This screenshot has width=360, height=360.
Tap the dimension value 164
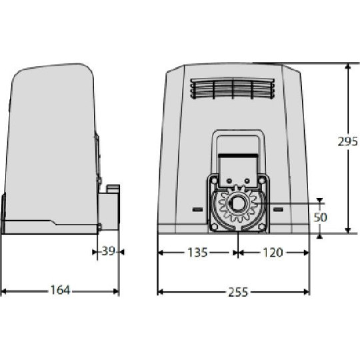pyautogui.click(x=59, y=291)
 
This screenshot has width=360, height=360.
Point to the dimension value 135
pyautogui.click(x=197, y=253)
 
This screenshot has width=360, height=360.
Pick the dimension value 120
pyautogui.click(x=273, y=253)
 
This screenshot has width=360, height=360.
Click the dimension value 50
pyautogui.click(x=321, y=218)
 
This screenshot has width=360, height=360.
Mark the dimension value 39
pyautogui.click(x=108, y=252)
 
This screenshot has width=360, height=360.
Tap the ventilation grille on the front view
pyautogui.click(x=231, y=89)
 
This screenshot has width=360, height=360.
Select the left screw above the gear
pyautogui.click(x=227, y=181)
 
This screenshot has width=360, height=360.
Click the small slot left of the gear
pyautogui.click(x=197, y=209)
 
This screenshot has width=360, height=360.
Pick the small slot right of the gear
pyautogui.click(x=277, y=209)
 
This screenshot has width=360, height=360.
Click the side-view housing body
pyautogui.click(x=50, y=147)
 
